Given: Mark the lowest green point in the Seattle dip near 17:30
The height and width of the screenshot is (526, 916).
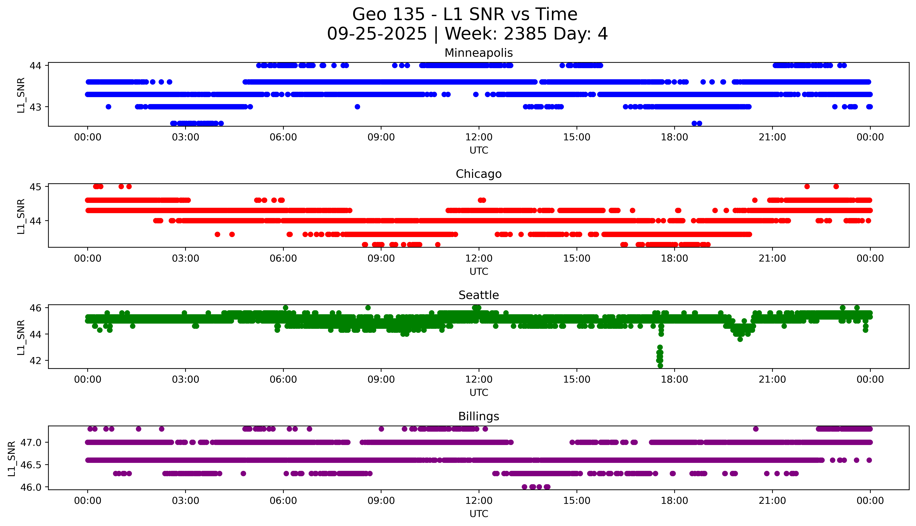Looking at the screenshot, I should tap(660, 366).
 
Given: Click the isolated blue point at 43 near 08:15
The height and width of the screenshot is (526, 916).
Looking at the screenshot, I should tap(357, 107).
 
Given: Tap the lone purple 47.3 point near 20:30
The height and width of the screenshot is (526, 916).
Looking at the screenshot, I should tap(755, 429).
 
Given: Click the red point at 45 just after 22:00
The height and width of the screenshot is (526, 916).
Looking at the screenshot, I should tap(807, 186).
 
